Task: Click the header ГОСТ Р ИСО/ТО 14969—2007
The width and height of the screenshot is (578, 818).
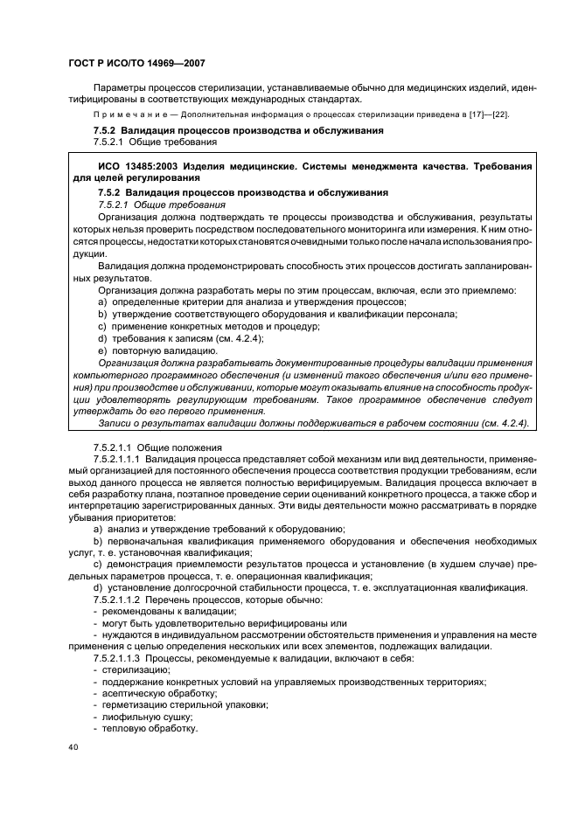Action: [136, 63]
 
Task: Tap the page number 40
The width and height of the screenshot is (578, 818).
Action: [73, 748]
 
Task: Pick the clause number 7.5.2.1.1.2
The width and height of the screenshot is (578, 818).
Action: [118, 601]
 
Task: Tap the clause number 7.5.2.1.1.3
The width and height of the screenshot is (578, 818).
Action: [118, 657]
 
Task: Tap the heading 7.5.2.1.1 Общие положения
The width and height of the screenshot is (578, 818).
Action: [153, 446]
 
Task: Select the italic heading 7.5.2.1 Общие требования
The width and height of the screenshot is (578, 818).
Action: [150, 203]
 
